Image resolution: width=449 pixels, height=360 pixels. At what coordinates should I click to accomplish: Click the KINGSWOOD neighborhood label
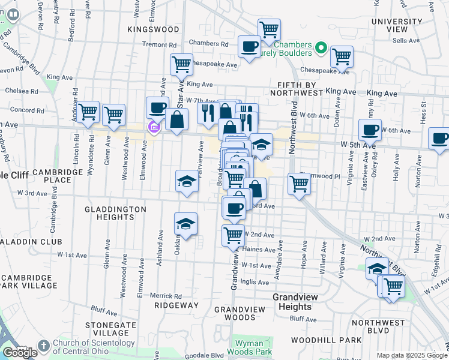153,29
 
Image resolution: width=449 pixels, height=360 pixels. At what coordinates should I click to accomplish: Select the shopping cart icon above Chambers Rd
269,29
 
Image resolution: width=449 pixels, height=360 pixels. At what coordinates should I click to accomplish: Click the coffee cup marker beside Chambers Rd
249,46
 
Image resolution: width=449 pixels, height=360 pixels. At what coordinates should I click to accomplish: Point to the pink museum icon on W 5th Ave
153,127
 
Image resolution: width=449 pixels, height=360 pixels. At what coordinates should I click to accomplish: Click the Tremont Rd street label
159,44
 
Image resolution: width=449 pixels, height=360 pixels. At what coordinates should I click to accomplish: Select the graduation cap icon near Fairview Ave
187,181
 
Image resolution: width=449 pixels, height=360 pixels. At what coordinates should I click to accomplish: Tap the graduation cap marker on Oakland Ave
186,224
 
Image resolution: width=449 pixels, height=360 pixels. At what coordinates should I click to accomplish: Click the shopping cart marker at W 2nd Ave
233,235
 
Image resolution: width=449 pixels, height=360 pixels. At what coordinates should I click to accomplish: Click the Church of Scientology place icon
43,346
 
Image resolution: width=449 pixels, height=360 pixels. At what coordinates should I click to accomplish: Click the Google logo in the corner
20,353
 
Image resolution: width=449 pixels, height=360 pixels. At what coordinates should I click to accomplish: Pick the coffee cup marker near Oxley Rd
370,129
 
